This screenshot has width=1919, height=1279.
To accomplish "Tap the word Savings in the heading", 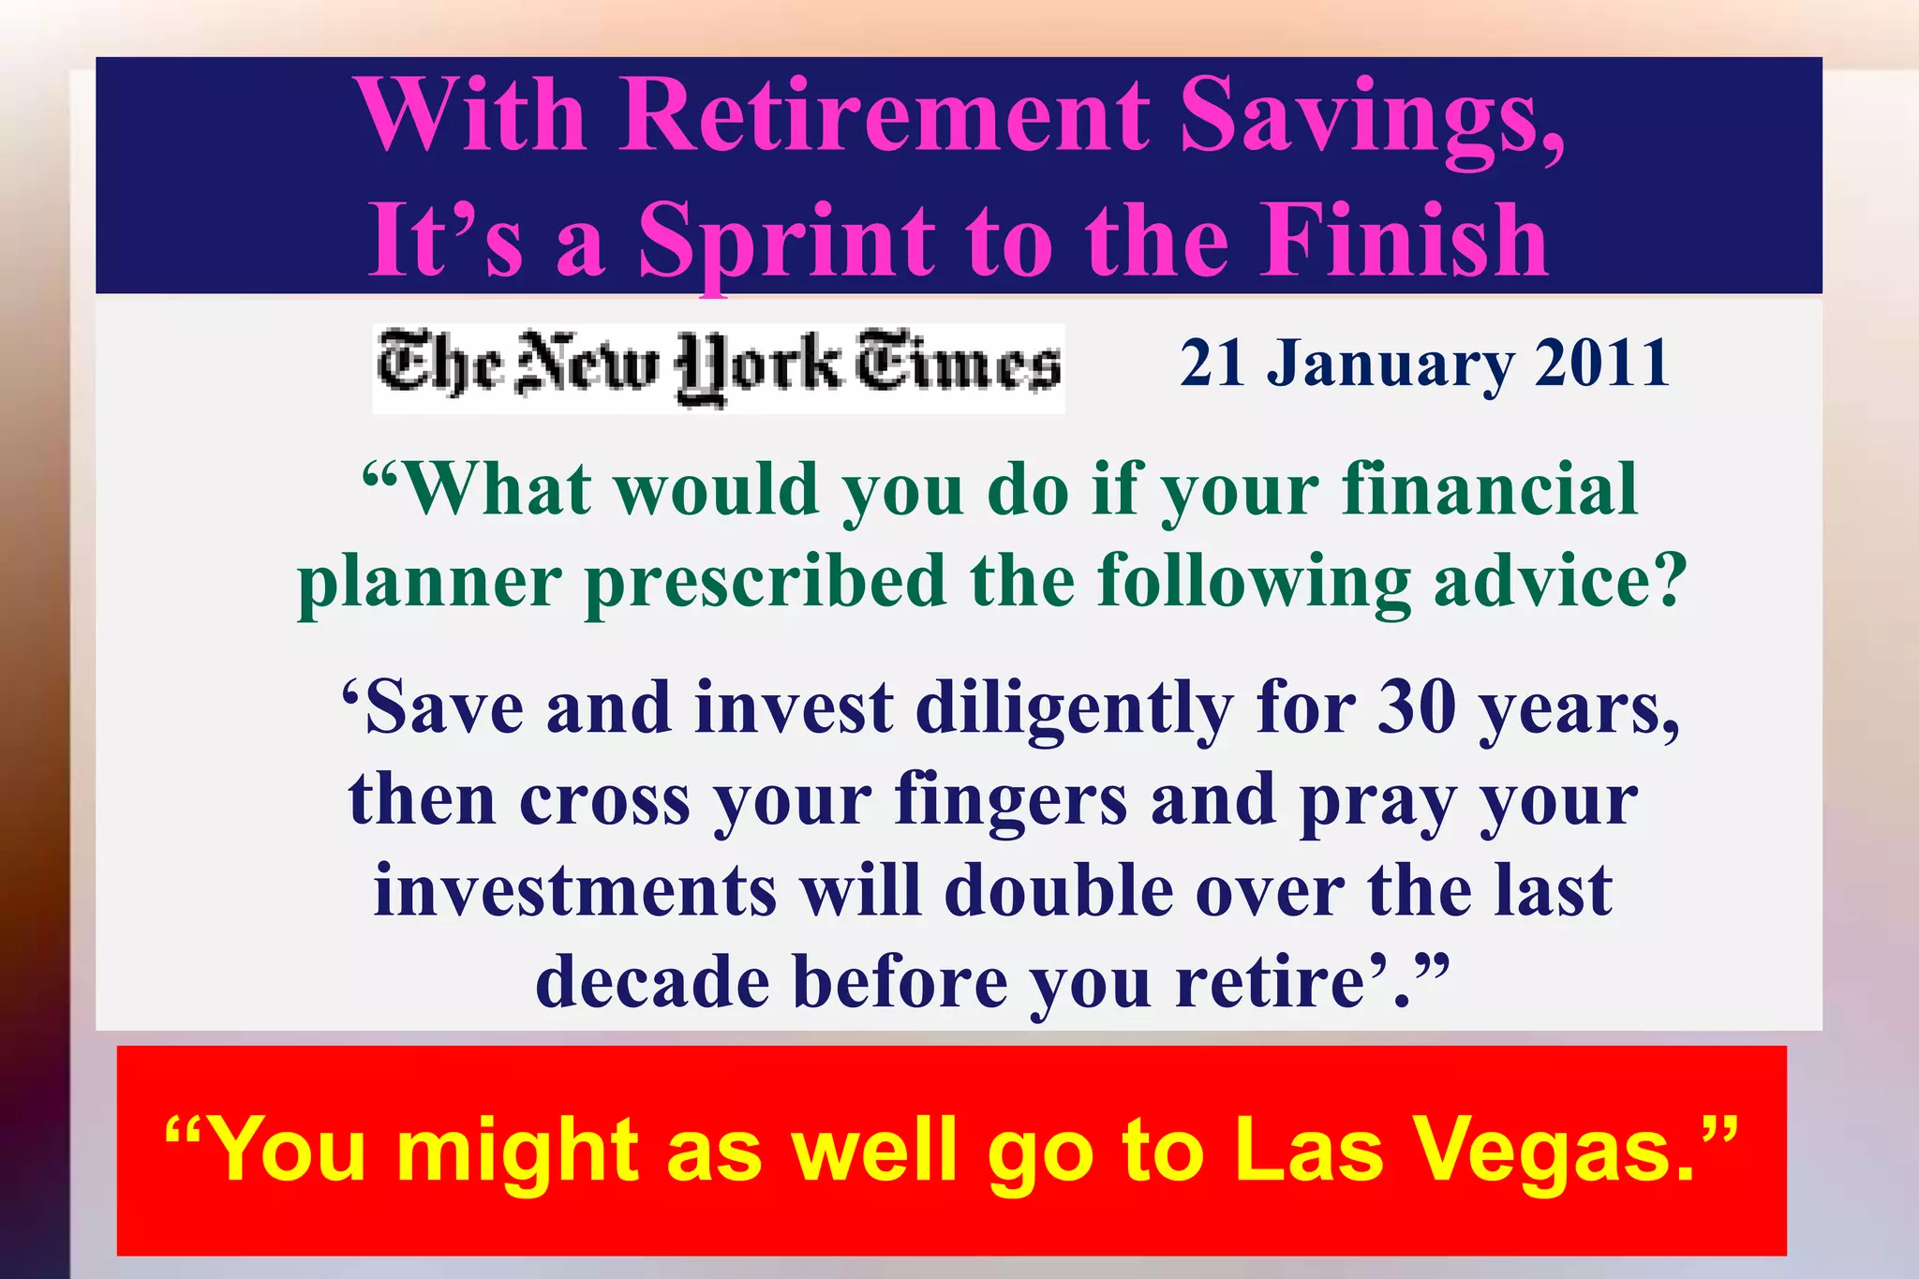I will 1370,117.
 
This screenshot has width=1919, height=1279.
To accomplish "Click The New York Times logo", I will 719,367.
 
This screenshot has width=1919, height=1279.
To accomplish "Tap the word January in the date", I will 1390,364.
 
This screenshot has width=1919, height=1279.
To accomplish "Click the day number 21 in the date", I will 1212,364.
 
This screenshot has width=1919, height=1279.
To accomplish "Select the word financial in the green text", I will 1490,489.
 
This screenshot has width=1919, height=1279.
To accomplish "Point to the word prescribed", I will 766,581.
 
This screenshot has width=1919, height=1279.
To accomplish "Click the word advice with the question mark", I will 1560,581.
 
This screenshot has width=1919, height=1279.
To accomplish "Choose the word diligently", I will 1074,709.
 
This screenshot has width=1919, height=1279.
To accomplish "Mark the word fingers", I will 1011,801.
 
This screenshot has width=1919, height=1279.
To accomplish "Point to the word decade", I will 652,982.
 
